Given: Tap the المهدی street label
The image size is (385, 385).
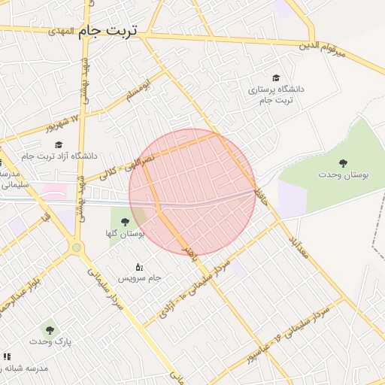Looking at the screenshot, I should coord(62,32).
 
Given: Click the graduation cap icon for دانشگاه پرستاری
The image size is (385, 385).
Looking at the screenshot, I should coord(276,77).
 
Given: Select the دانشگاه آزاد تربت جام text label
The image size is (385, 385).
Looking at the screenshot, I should coord(59,156).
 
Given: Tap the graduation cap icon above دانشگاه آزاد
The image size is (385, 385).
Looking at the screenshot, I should coord(59,144).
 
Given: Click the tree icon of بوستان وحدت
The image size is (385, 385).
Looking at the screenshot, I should coord(343,162).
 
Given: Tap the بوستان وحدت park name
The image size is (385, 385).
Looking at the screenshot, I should coord(343,174).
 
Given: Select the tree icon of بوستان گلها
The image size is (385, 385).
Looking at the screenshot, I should coord(125,222).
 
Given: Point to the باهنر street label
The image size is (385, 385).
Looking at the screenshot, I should coord(190,254).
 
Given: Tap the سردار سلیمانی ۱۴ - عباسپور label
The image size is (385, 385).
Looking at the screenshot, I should coord(290,335).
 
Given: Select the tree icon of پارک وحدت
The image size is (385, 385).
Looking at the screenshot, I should coord(50,329).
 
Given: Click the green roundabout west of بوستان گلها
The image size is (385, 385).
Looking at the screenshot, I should coord(76,247).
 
